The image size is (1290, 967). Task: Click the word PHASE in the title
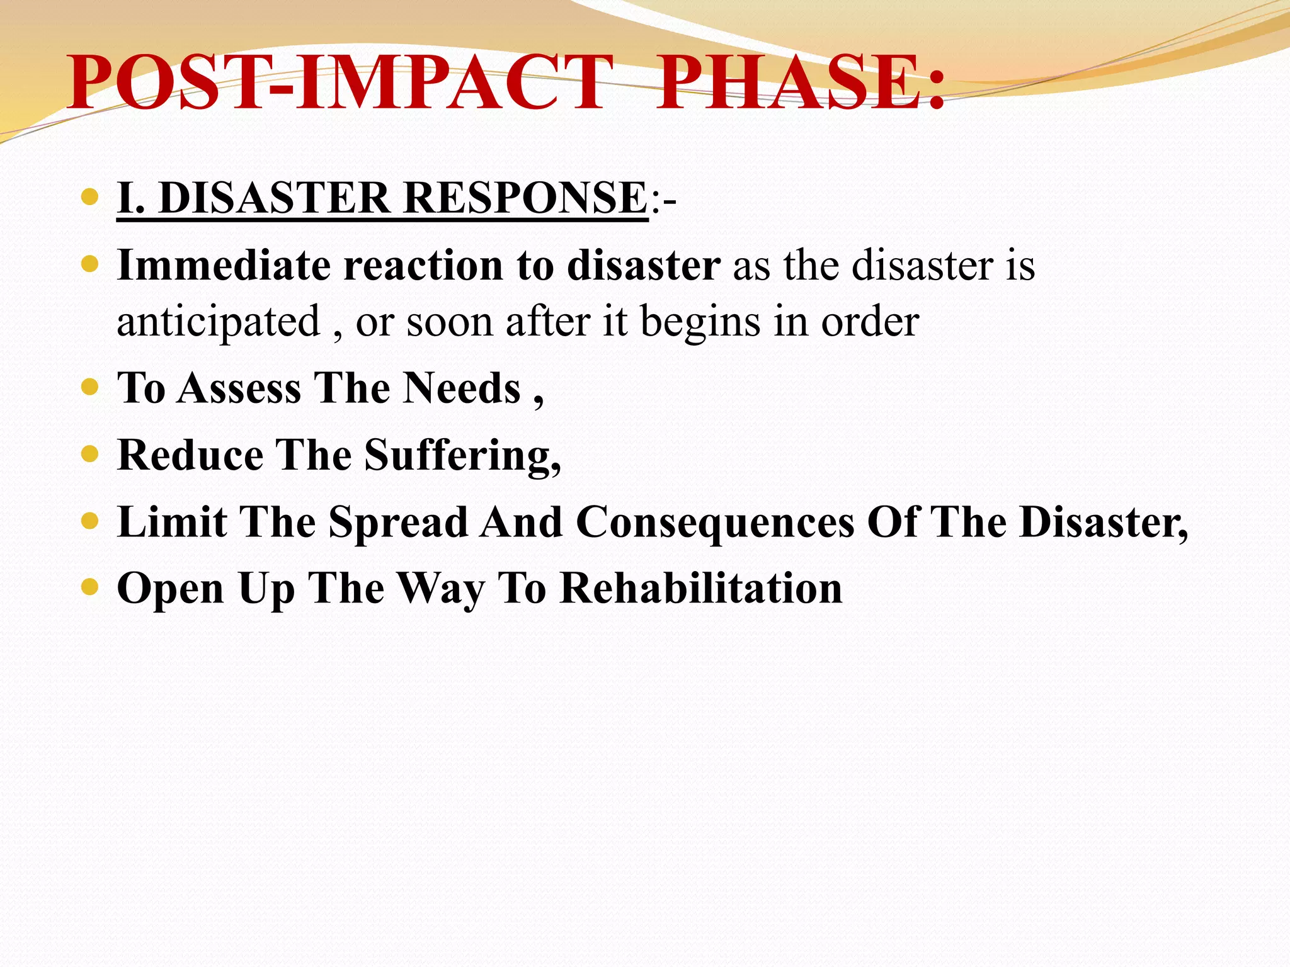(787, 83)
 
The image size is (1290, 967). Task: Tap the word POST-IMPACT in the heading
(340, 83)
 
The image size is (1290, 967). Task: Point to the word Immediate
(224, 265)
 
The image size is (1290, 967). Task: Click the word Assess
(239, 388)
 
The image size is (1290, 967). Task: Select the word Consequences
(715, 522)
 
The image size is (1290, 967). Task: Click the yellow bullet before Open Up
(90, 587)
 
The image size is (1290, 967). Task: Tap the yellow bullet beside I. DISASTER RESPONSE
(90, 197)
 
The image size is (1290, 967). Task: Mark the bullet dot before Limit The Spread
(90, 521)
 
